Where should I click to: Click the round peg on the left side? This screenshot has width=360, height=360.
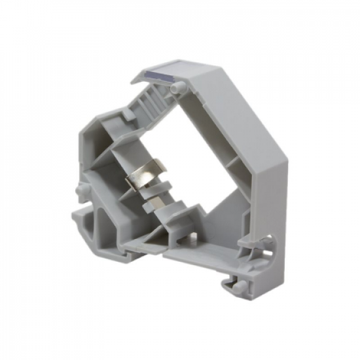(81, 189)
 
